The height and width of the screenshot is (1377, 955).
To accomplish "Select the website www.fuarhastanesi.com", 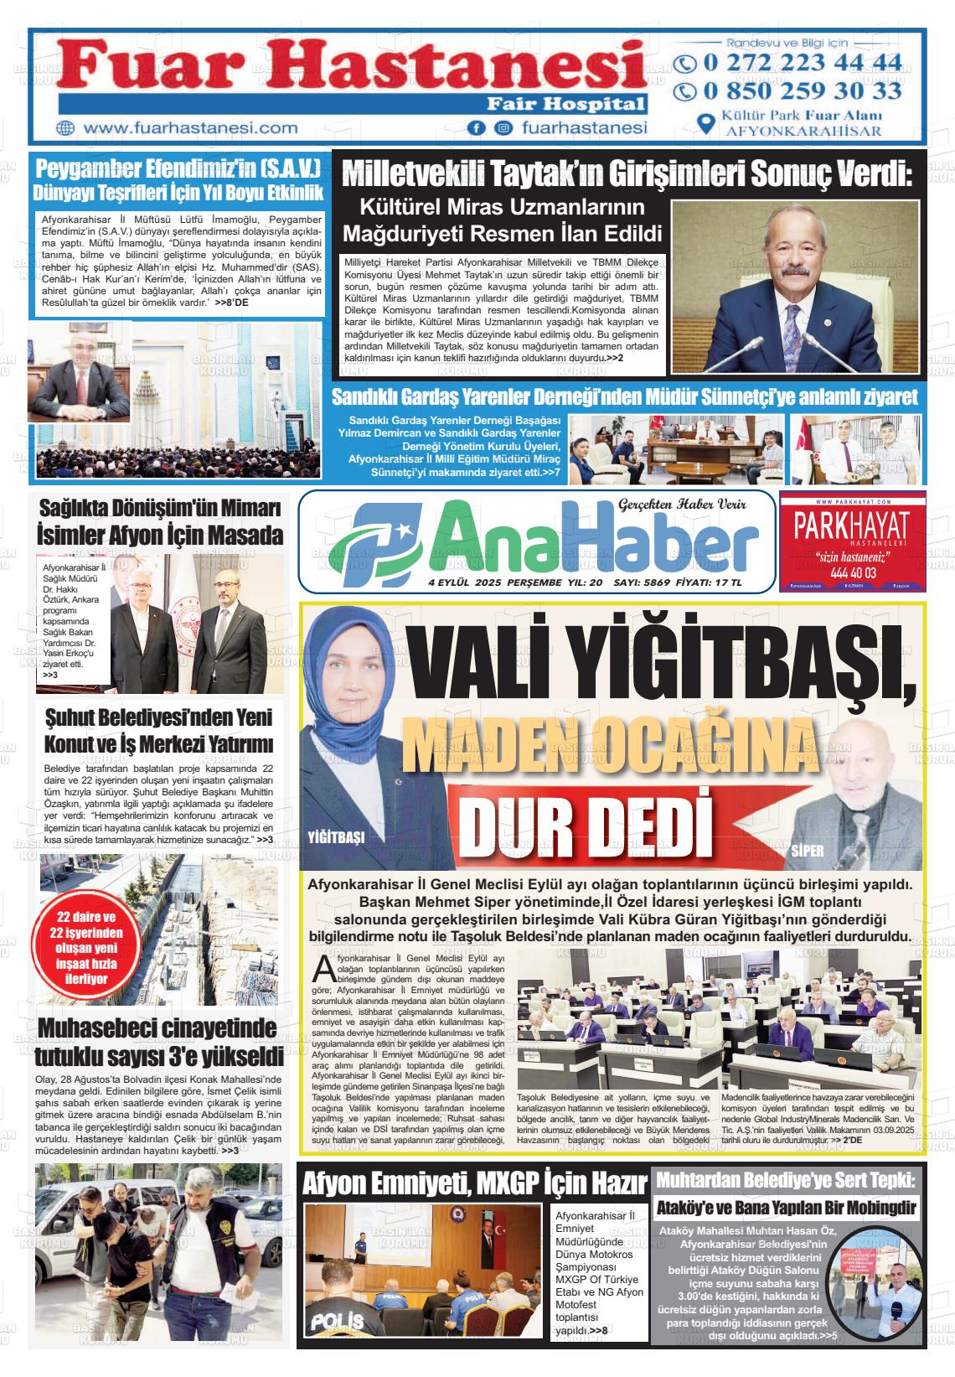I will tap(191, 128).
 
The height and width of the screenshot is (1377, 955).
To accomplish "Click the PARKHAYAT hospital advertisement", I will tap(852, 541).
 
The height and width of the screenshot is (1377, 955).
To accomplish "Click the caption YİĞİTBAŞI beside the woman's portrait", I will tap(336, 837).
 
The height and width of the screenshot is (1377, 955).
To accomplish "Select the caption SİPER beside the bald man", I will tap(808, 851).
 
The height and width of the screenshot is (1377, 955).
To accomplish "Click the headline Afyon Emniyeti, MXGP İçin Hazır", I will tap(474, 1183).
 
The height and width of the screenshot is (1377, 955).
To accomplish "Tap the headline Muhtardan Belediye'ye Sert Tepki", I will tap(787, 1180).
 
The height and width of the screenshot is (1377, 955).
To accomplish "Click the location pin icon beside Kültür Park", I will tap(706, 123).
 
